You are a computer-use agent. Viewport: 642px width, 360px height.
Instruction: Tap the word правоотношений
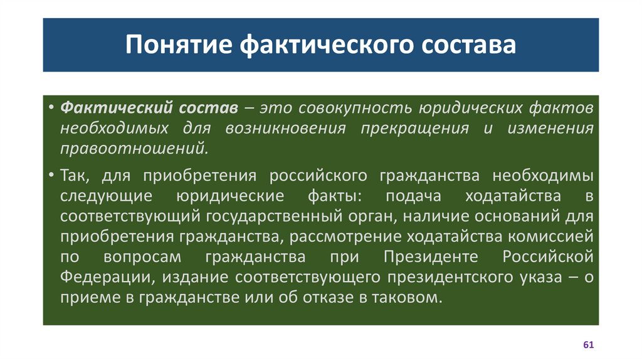click(x=132, y=150)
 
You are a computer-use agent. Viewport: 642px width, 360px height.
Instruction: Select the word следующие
click(x=106, y=196)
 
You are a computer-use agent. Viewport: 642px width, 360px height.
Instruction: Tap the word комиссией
click(x=550, y=237)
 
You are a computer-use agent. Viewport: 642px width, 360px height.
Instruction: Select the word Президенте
click(x=421, y=257)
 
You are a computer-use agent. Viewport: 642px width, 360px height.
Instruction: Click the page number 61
click(x=588, y=346)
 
